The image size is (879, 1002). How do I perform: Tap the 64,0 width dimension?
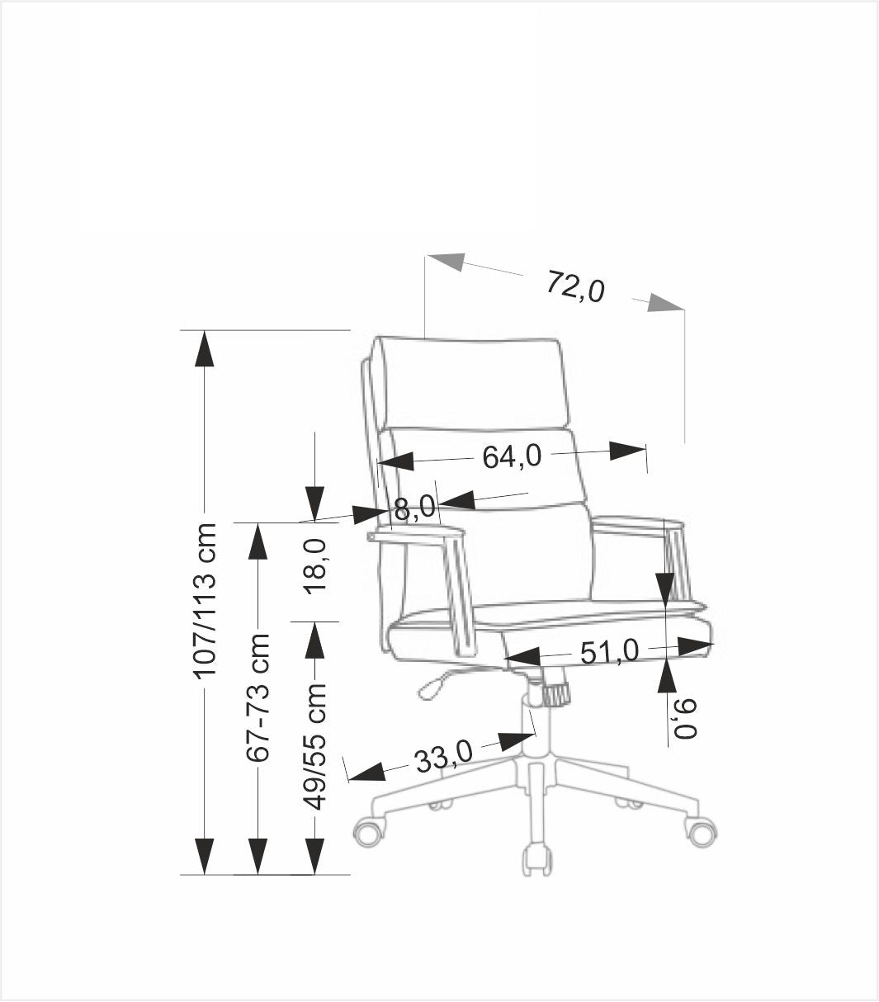(x=512, y=456)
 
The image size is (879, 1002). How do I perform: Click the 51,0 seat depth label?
(x=609, y=652)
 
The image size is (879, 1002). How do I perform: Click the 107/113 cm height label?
(x=205, y=600)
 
